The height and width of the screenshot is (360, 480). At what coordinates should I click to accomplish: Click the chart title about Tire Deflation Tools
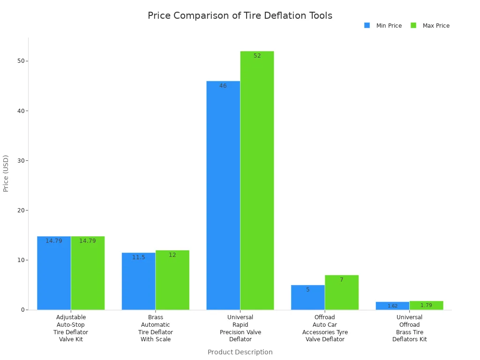click(240, 15)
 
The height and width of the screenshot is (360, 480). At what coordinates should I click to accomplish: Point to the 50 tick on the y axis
click(21, 61)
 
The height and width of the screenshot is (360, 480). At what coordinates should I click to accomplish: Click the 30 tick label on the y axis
click(21, 160)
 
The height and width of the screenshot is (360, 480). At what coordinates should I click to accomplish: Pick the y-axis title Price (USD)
click(6, 173)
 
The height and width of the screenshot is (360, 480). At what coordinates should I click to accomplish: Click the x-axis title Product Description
click(240, 352)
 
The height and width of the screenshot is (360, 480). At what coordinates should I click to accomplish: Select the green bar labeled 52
click(257, 180)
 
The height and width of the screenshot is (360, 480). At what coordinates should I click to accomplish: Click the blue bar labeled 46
click(223, 195)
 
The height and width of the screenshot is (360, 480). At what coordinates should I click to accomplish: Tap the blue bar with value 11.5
click(138, 281)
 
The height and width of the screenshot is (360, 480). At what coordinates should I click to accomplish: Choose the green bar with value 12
click(172, 280)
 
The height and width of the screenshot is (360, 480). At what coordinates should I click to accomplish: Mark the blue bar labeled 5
click(307, 297)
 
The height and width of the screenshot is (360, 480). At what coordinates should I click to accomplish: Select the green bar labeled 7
click(342, 292)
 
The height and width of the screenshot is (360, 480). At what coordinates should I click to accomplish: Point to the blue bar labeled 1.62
click(392, 306)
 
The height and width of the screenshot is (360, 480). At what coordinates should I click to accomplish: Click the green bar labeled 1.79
click(426, 305)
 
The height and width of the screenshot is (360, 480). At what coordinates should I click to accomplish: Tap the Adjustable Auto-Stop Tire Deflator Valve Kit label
click(71, 328)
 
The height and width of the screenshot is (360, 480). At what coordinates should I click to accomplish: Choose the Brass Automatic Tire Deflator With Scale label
click(156, 328)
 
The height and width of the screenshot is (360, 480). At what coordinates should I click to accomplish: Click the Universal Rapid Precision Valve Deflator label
click(240, 328)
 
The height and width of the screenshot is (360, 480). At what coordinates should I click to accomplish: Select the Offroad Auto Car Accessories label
click(325, 328)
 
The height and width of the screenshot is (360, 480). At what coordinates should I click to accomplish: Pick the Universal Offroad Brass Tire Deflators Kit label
click(409, 328)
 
